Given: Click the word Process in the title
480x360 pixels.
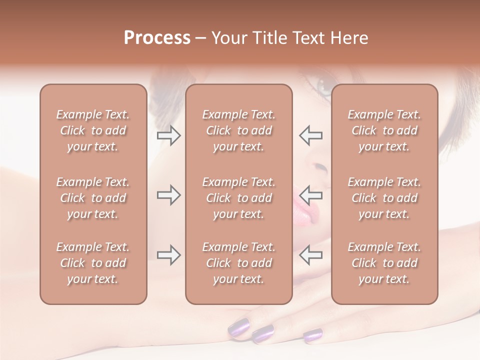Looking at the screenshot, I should [157, 38].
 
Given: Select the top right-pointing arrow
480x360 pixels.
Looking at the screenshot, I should [169, 135].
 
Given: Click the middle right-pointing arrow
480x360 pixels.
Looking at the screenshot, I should [169, 195].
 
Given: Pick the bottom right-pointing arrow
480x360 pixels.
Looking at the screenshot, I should [169, 255].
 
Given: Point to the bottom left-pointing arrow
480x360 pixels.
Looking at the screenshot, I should [310, 255].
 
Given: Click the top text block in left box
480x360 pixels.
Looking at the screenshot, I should [93, 130].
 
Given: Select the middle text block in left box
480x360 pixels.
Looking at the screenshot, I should [93, 198].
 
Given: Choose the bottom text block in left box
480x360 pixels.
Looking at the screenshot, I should [93, 263].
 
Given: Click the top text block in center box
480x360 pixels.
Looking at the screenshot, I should [238, 130].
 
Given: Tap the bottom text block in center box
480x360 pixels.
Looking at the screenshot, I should [238, 263].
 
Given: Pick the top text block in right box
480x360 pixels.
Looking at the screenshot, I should [384, 130].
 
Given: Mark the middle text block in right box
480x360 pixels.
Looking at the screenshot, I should [384, 198].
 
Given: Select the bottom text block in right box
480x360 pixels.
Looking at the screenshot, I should [384, 263].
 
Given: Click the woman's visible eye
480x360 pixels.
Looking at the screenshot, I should [324, 87].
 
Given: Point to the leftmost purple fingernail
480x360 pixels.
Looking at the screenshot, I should [239, 328].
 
